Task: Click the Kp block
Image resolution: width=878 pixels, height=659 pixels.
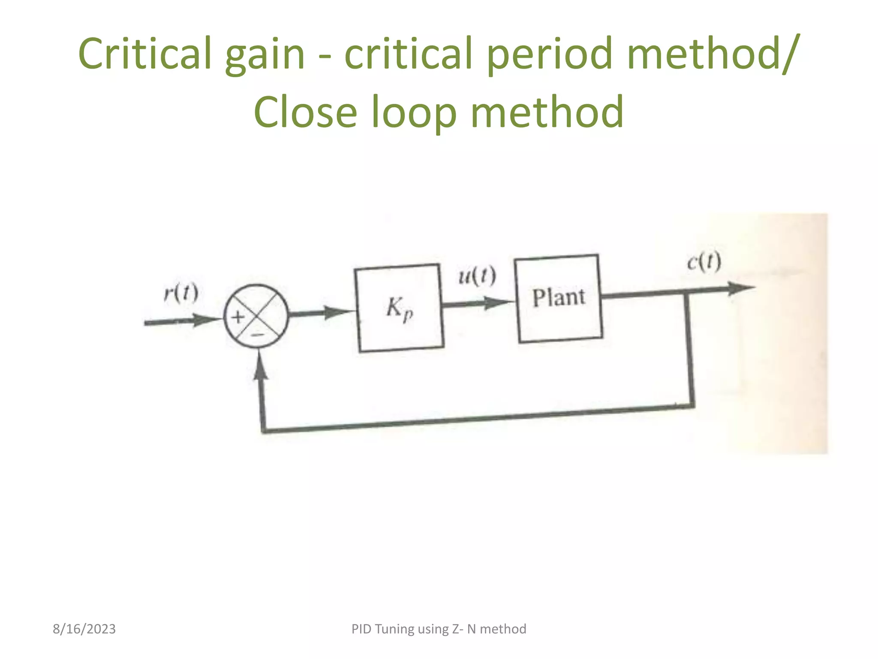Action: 399,308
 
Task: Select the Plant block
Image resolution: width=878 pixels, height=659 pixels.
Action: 558,299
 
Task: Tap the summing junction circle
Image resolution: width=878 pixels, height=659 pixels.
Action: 256,316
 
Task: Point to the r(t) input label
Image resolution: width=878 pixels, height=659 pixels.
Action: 181,293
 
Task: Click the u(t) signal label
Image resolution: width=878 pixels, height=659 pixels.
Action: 477,276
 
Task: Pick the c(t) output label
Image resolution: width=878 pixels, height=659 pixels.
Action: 704,262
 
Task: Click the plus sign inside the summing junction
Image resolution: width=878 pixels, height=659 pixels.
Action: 238,317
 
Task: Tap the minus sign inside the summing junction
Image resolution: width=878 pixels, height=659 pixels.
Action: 257,334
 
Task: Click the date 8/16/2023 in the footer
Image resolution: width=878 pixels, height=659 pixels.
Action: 84,629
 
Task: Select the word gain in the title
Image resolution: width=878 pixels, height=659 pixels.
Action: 265,54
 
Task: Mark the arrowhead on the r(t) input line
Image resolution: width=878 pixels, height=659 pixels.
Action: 206,320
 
